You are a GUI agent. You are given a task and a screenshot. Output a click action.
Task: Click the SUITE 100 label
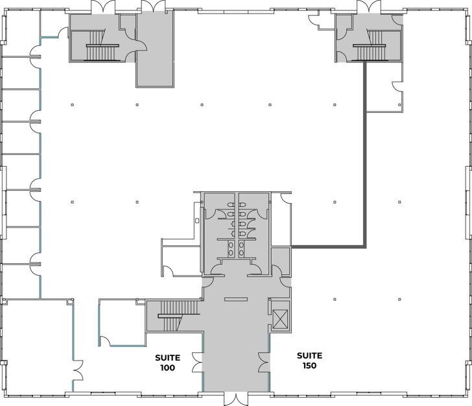167,362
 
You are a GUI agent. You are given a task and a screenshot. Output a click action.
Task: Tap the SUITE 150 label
309,360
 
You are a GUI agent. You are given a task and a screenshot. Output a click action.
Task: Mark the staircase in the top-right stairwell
370,45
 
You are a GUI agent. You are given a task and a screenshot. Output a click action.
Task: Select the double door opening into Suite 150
265,361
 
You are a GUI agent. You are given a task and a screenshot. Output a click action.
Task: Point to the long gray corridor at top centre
154,49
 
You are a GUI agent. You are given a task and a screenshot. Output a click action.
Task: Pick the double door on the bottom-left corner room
78,373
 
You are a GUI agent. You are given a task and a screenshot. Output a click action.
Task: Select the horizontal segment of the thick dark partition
328,246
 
